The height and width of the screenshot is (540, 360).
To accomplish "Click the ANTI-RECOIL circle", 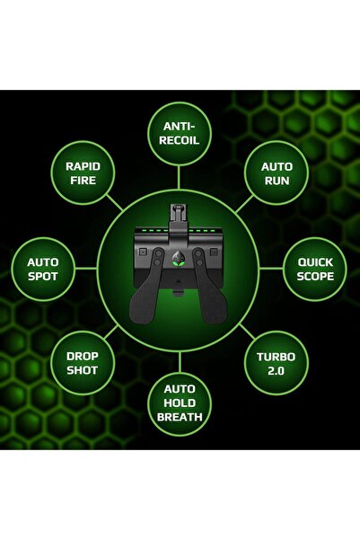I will [180, 134].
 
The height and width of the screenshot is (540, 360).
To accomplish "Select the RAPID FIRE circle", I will [83, 173].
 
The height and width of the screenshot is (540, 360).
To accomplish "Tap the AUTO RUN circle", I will [277, 173].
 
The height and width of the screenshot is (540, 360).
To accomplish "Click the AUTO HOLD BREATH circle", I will [180, 403].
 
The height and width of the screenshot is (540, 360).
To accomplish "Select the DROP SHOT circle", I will [83, 363].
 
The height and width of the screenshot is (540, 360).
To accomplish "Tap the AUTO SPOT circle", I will [43, 269].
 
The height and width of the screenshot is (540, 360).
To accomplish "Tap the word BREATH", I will [180, 417].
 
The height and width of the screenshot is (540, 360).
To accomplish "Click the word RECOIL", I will [180, 141].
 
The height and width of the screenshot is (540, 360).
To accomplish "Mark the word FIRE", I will [83, 181].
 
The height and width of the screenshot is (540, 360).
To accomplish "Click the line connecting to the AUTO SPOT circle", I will [88, 269].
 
